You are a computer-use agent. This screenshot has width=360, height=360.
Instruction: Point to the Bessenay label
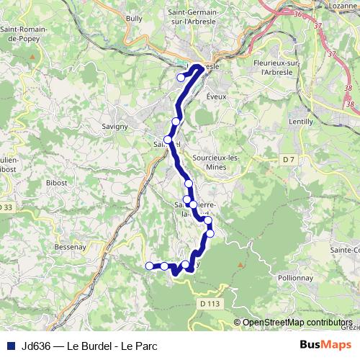[x=71, y=246]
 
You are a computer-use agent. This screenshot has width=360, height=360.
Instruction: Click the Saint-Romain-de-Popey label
[x=23, y=34]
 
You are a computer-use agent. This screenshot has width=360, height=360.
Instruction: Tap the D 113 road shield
[x=210, y=304]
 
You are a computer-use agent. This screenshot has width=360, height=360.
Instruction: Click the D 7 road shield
[x=289, y=158]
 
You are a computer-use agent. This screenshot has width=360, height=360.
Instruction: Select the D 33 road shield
[x=6, y=207]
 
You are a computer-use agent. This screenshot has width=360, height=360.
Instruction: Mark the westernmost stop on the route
[x=150, y=266]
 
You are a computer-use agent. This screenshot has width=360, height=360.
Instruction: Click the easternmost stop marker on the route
[x=210, y=233]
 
